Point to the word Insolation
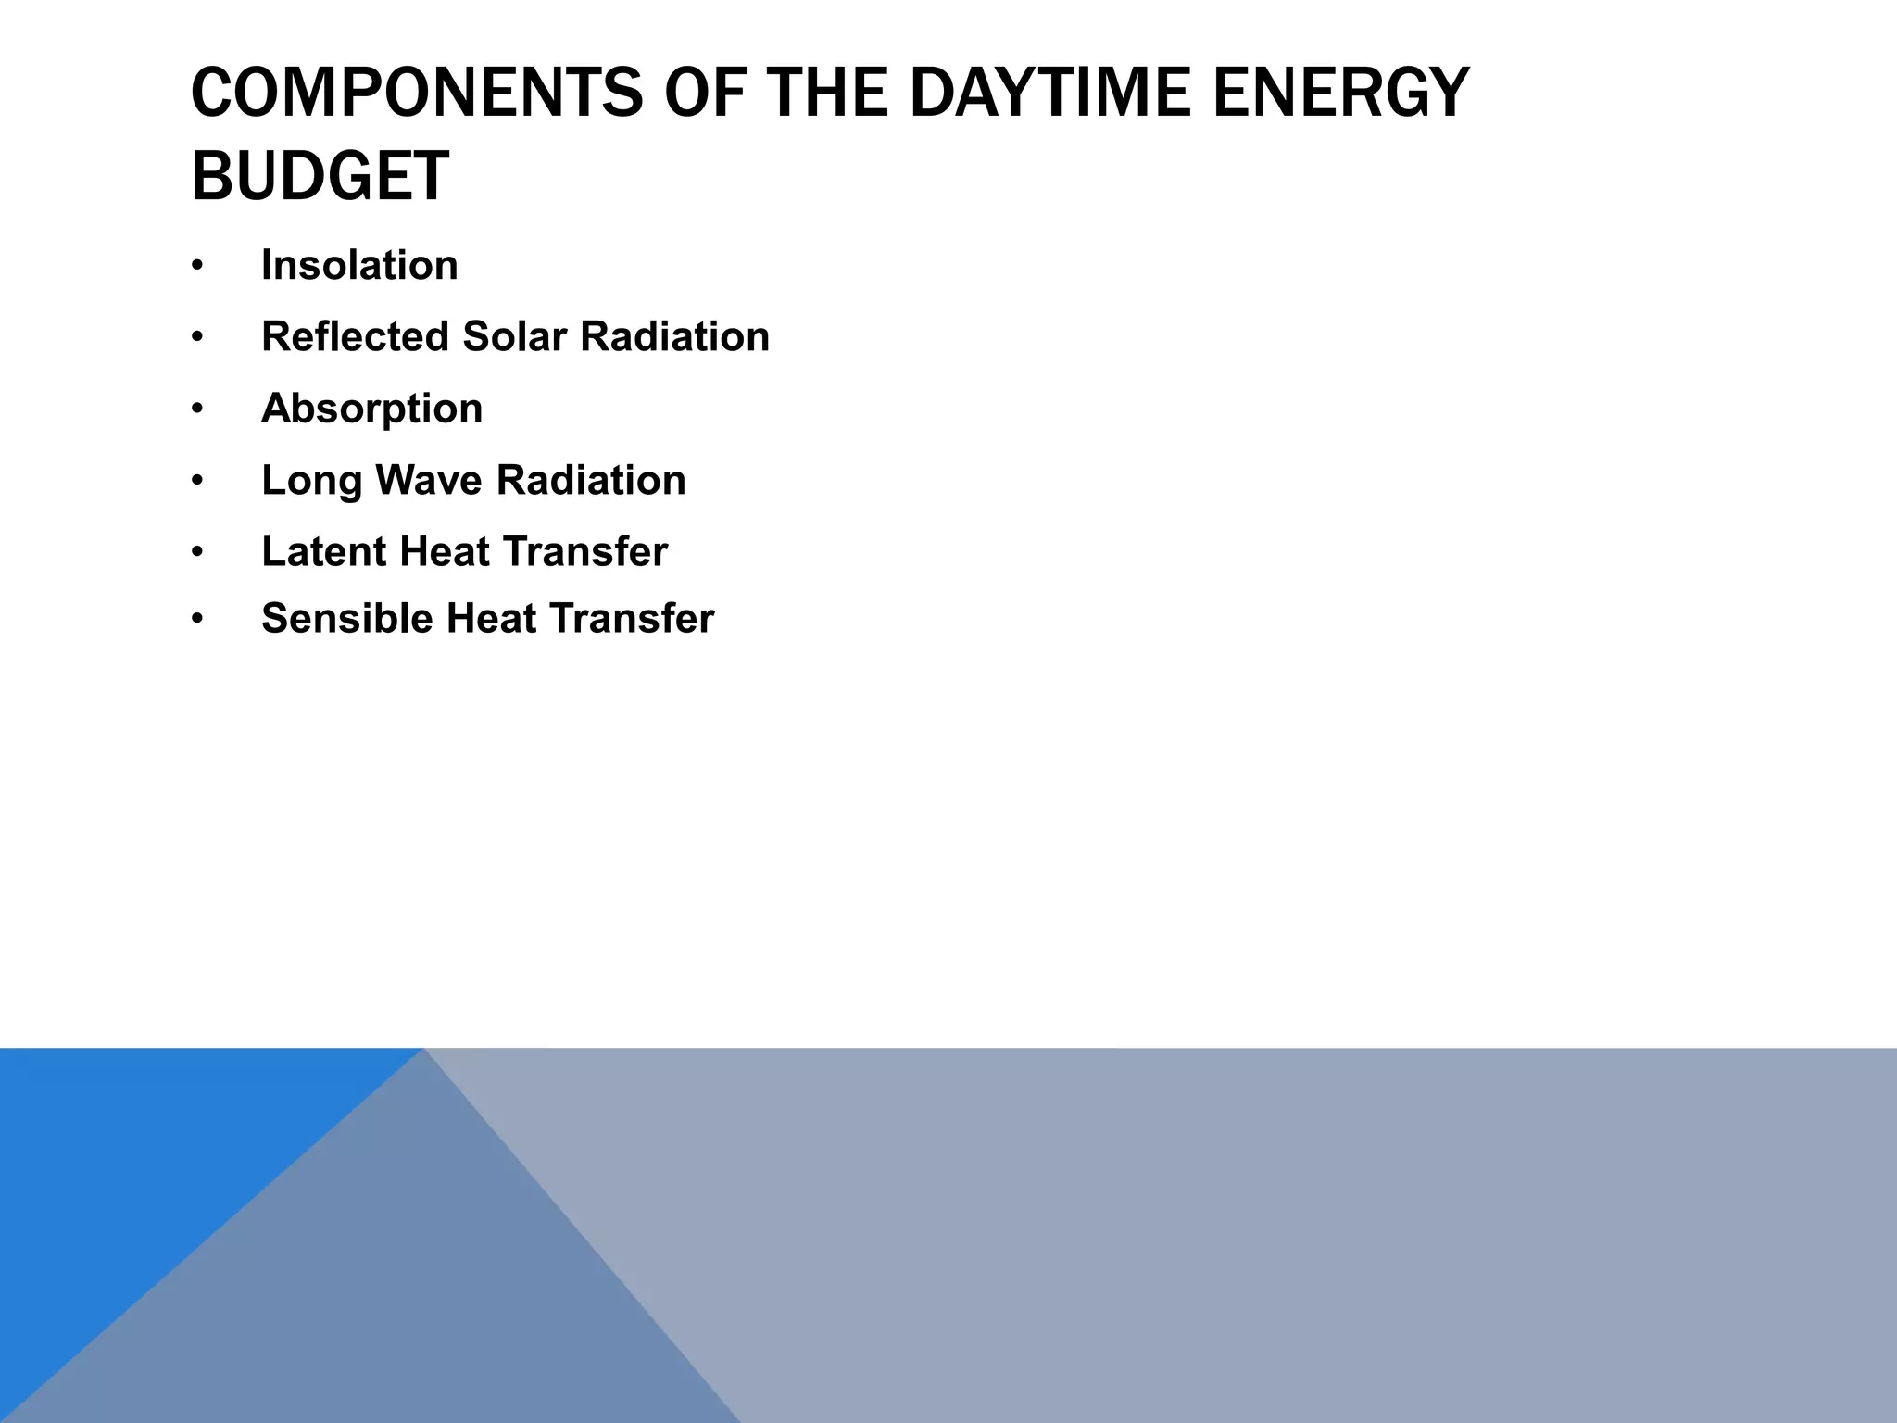tap(359, 266)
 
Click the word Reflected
tap(355, 336)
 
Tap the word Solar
tap(514, 336)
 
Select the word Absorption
tap(371, 409)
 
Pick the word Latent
tap(323, 552)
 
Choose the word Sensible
tap(346, 619)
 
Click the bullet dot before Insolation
tap(196, 267)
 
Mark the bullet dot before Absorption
tap(196, 409)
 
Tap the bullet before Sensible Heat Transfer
tap(196, 620)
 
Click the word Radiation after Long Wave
tap(591, 480)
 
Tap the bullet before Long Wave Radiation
tap(196, 481)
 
